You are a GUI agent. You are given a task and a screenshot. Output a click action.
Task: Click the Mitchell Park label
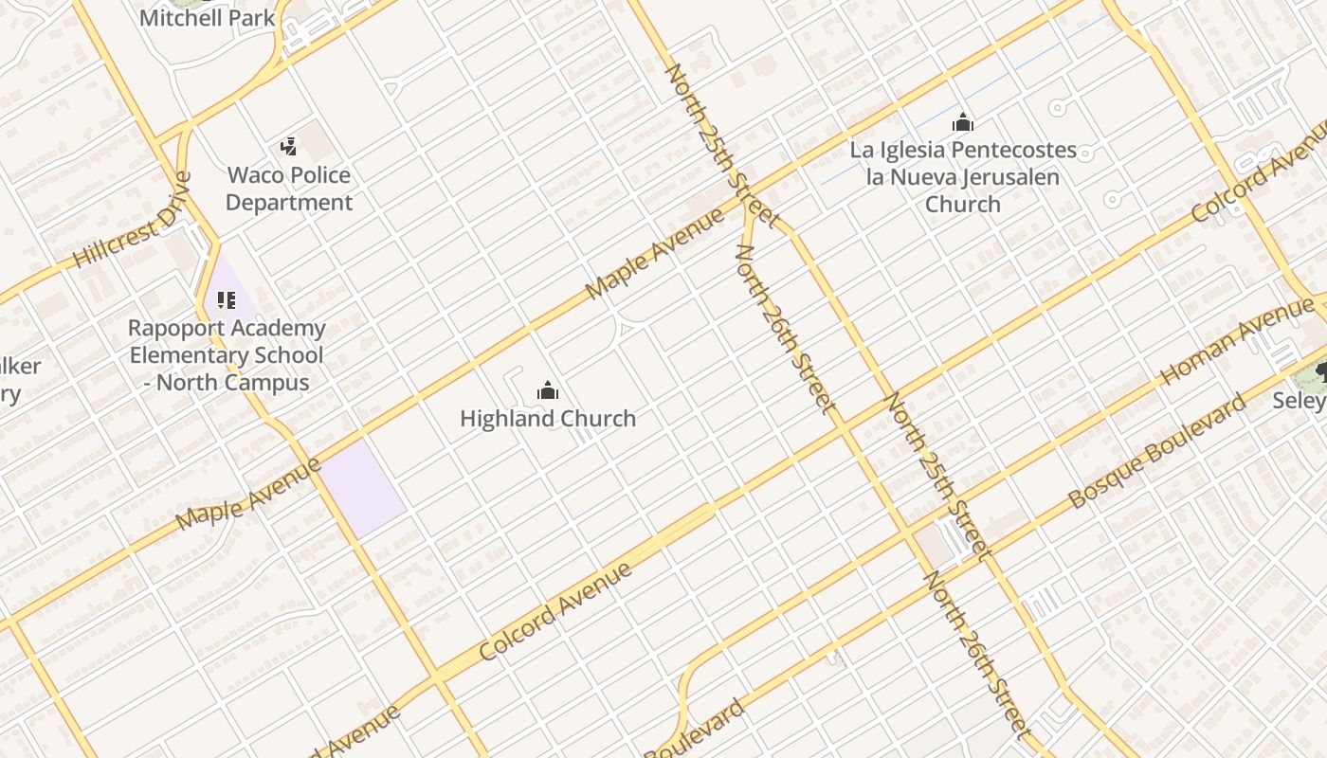208,17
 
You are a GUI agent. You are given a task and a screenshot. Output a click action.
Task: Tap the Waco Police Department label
289,189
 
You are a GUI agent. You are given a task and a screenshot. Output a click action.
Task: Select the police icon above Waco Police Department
289,146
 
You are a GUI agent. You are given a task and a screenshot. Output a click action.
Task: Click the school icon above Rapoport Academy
226,300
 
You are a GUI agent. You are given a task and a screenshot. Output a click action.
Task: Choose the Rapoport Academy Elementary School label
227,355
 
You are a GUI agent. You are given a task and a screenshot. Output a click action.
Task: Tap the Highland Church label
548,418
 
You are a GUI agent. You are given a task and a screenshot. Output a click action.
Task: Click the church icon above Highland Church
548,390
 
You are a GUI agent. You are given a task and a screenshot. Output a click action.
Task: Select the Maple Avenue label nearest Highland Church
655,254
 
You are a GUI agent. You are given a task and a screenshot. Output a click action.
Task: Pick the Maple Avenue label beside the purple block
249,494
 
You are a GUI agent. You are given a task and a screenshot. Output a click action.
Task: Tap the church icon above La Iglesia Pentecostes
963,122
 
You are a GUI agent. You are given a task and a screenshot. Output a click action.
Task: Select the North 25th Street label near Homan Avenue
936,475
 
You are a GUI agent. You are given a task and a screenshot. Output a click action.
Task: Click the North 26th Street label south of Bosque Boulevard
976,654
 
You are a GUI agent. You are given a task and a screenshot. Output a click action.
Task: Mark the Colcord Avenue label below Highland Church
555,612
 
